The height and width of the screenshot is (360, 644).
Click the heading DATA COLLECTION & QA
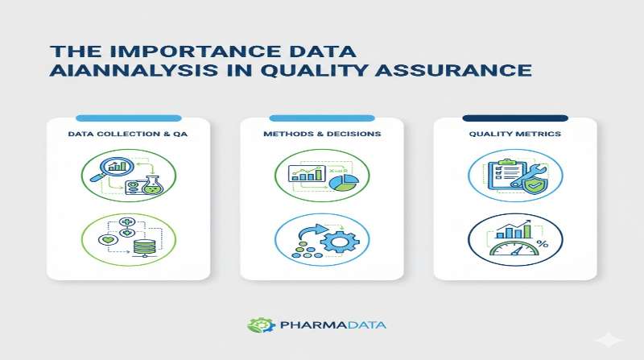[128, 134]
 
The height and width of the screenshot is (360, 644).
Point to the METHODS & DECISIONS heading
[322, 134]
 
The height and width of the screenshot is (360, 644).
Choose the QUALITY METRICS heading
[515, 134]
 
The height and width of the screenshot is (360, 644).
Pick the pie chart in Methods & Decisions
[343, 184]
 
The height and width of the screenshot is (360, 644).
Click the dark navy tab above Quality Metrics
[515, 118]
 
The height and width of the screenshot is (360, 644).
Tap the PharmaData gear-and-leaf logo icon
[257, 325]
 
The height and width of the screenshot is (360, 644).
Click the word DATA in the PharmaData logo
[361, 325]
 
